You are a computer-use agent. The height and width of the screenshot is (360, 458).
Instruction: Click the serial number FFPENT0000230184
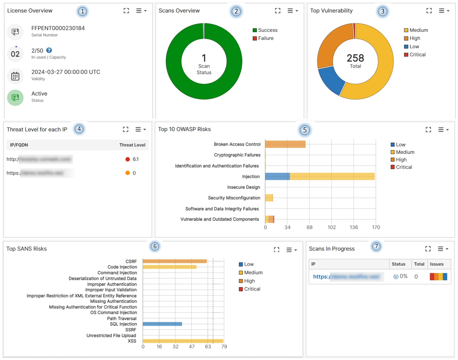58,28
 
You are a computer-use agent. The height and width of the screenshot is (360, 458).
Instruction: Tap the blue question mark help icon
49,50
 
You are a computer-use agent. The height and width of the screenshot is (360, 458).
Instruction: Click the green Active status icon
15,98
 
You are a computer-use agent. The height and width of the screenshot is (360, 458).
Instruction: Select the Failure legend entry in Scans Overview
265,38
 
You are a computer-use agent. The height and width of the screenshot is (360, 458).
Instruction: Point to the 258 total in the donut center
355,58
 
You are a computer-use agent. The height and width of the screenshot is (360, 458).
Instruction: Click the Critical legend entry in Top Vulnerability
417,55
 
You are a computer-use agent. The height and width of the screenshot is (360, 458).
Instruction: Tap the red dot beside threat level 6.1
127,159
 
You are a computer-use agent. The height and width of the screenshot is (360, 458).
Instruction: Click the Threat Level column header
132,145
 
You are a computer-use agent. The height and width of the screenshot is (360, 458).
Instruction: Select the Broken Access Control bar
285,144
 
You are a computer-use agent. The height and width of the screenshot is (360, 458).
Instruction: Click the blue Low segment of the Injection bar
277,176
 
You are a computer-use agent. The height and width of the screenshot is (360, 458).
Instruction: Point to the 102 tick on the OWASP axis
331,227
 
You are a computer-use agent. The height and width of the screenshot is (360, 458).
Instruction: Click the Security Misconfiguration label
234,198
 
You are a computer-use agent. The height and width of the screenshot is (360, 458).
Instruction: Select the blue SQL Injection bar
162,324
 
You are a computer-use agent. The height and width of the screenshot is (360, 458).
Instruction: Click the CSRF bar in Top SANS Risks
175,261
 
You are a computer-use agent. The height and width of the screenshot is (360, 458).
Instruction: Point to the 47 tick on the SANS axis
192,347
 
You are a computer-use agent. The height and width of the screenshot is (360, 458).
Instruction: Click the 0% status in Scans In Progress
403,276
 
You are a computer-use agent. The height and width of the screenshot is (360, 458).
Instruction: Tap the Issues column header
437,264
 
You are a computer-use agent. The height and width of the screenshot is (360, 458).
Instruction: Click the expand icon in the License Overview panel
126,11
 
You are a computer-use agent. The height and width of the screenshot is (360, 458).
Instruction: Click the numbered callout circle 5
305,130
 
